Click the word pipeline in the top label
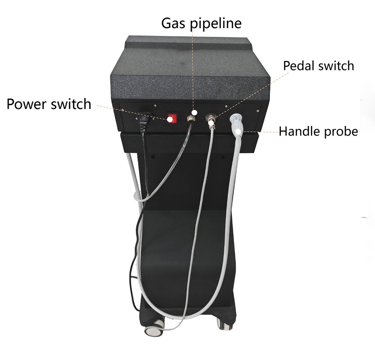point(216,23)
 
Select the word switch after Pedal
point(336,66)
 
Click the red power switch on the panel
point(172,118)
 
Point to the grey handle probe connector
point(237,122)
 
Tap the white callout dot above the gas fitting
point(195,112)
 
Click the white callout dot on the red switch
point(170,120)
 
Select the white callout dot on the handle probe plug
point(238,132)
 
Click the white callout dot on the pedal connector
point(211,123)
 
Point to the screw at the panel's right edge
point(258,111)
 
